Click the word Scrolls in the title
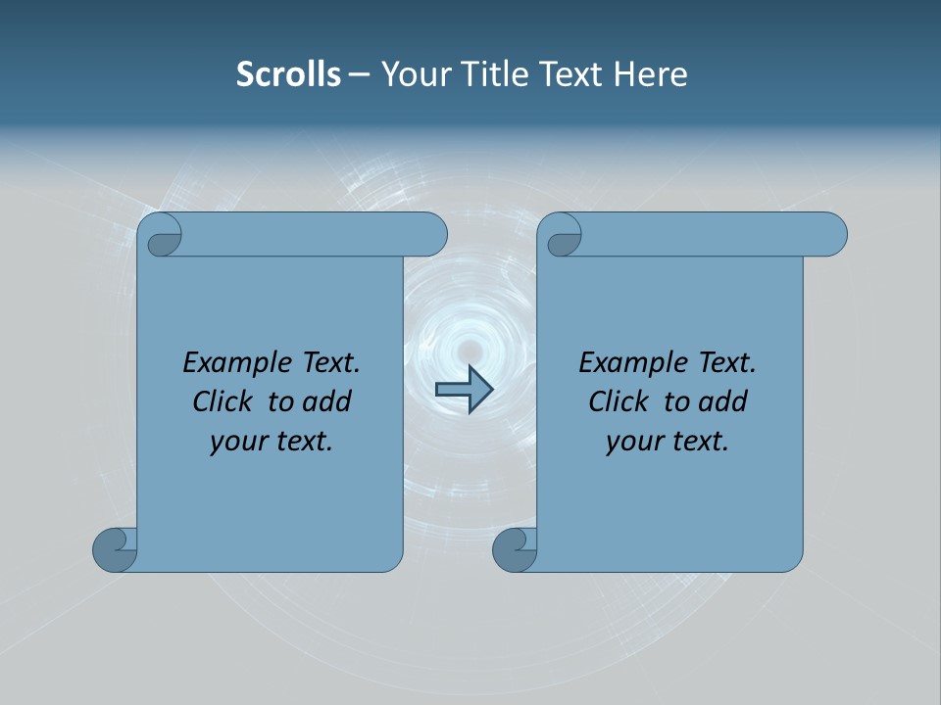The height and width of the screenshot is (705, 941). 288,74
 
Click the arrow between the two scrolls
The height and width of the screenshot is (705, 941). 464,389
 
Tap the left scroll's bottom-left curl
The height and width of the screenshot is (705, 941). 116,549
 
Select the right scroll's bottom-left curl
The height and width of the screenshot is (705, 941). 515,549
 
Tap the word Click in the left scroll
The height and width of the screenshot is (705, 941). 223,402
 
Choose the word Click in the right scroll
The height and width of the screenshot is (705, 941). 619,402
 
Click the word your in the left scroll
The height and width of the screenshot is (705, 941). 236,442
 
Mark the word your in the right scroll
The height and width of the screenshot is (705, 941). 632,442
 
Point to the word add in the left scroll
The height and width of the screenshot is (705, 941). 326,402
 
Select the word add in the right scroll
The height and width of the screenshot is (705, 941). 722,402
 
